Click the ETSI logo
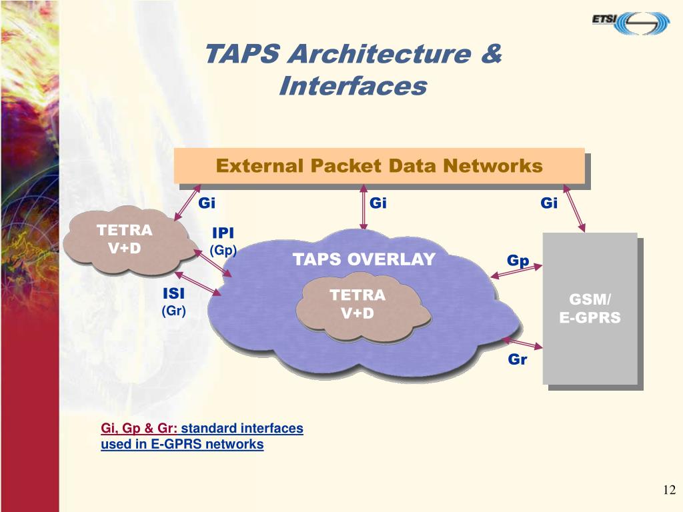tap(630, 22)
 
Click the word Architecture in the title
tap(378, 54)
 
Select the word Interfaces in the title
tap(352, 86)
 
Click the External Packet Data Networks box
tap(379, 165)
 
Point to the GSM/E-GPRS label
tap(590, 309)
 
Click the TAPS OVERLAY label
tap(364, 259)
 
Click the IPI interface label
tap(223, 233)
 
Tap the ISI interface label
tap(174, 294)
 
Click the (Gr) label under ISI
tap(174, 311)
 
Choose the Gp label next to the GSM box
tap(518, 261)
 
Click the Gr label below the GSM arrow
tap(518, 360)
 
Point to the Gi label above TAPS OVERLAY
tap(378, 203)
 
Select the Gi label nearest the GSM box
tap(549, 203)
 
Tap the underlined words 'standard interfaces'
tap(242, 429)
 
